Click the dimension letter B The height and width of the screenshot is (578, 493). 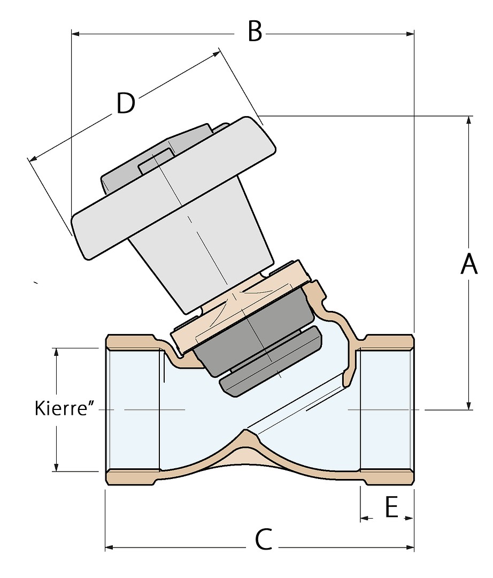(255, 32)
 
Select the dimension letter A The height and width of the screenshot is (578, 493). (469, 264)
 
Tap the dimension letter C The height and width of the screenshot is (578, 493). (264, 541)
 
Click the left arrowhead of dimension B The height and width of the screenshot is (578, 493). (75, 34)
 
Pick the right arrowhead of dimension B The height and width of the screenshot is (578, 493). (410, 34)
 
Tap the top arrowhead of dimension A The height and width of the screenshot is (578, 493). (469, 120)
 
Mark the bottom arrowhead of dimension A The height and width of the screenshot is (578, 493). (469, 405)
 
